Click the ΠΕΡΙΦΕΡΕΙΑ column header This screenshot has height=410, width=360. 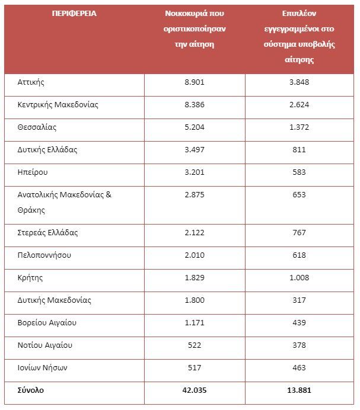[x=74, y=14]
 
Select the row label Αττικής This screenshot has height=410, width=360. [x=31, y=82]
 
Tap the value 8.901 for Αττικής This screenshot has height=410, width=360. [x=195, y=82]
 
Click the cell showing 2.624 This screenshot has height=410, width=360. [x=299, y=105]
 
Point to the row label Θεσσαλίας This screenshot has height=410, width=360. [x=37, y=127]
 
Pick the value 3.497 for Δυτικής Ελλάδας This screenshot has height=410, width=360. [x=195, y=149]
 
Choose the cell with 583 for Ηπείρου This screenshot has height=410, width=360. [x=299, y=172]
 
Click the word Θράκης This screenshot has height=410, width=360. [x=31, y=210]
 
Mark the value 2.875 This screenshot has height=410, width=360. [x=195, y=194]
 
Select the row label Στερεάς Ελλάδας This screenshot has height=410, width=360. [x=47, y=233]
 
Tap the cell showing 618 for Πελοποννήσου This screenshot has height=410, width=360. [x=299, y=255]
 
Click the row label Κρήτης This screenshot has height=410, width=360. [x=30, y=278]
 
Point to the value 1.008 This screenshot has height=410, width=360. [x=299, y=277]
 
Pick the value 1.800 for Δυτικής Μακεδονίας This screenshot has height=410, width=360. [x=195, y=300]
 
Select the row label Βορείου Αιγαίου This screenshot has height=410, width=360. [x=47, y=323]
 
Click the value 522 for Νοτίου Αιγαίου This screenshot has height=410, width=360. [x=195, y=345]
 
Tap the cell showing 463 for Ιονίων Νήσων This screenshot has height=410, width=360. [x=299, y=368]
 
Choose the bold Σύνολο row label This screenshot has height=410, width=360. [x=31, y=390]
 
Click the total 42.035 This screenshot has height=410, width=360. [x=195, y=390]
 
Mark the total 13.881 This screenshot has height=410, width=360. [x=299, y=390]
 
